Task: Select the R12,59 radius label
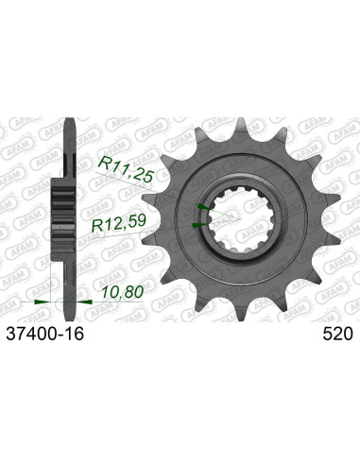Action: click(x=117, y=227)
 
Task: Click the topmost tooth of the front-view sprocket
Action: click(x=239, y=125)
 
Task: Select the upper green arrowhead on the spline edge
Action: click(x=201, y=205)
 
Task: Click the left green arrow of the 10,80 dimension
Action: click(x=39, y=300)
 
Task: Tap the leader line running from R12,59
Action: click(x=170, y=227)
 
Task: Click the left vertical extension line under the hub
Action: click(x=49, y=274)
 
